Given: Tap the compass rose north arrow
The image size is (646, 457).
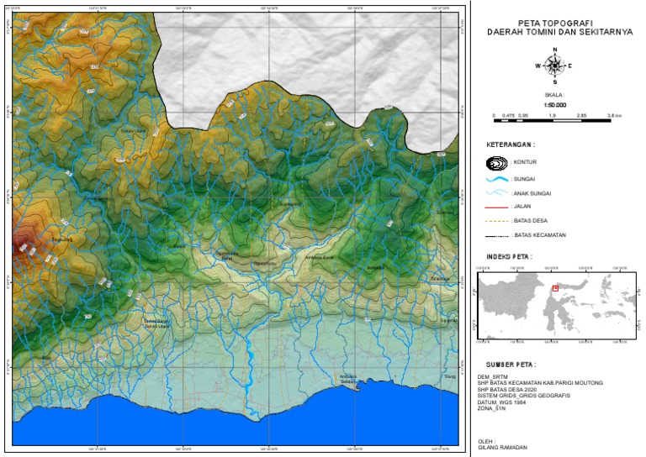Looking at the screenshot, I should pos(553,65).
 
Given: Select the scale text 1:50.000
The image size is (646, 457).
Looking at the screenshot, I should pos(553,105).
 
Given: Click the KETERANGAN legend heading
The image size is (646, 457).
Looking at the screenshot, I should pos(511,144).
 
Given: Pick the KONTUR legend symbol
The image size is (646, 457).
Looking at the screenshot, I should pos(497,162).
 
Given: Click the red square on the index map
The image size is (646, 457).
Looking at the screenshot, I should pos(555,287).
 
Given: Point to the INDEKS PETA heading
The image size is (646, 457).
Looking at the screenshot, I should pos(509,256).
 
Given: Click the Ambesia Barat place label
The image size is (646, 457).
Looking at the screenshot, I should pos(320,258).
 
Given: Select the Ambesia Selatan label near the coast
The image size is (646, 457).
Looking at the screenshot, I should pos(347,378).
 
